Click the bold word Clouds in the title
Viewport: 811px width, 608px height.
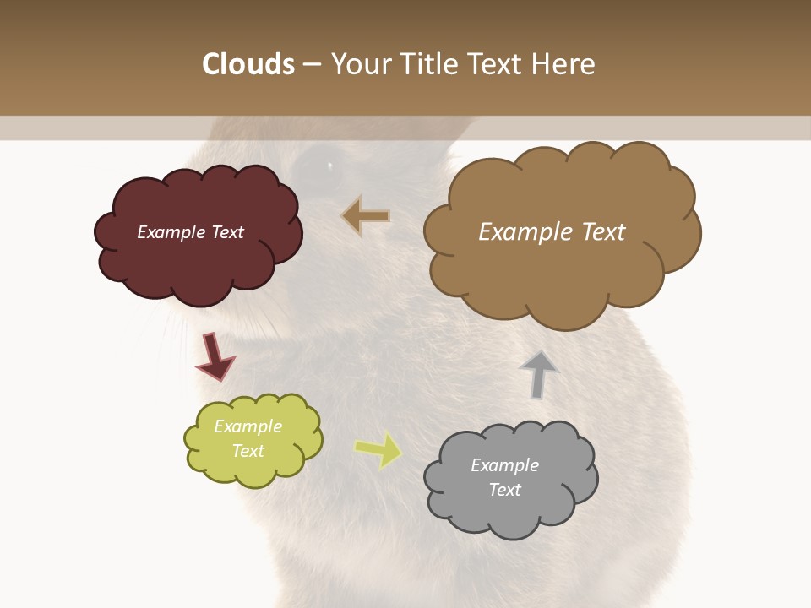[248, 64]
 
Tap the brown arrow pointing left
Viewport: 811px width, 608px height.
[367, 216]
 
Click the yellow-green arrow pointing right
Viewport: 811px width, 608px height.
[378, 449]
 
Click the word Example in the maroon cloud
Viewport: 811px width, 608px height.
[167, 232]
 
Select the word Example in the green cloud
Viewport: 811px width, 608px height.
[248, 426]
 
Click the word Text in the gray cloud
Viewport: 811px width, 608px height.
[504, 490]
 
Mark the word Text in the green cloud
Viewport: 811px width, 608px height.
[248, 451]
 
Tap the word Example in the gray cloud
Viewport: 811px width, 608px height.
[504, 465]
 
